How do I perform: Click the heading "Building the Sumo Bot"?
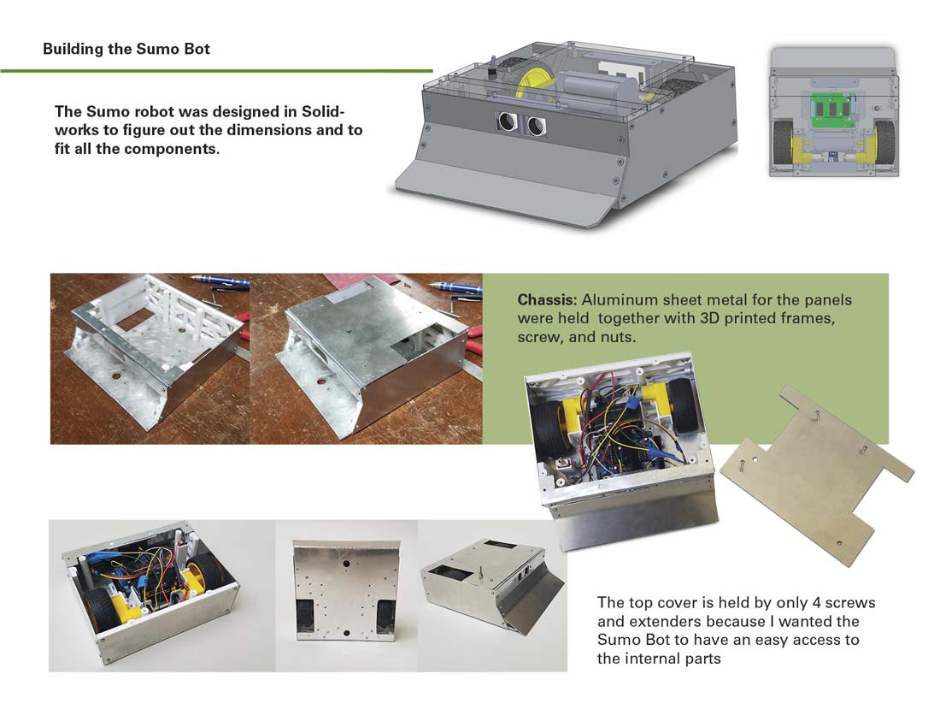coord(126,49)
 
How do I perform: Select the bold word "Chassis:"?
coord(546,301)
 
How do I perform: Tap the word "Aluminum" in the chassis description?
coord(609,301)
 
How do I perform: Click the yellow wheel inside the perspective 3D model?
coord(534,85)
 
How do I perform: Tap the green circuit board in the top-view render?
coord(833,109)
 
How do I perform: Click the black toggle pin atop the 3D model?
coord(493,69)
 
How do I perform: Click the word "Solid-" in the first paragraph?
coord(319,112)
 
